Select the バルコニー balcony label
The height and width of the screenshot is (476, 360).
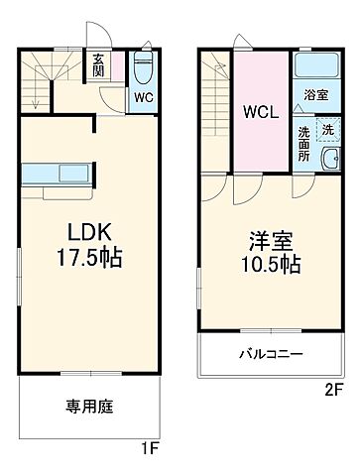point(268,353)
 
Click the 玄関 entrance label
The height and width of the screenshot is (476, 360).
point(99,66)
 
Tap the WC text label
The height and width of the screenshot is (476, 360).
point(143,98)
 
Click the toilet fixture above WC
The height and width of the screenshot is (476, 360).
point(143,68)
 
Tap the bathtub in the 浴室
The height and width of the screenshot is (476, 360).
point(317,66)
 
